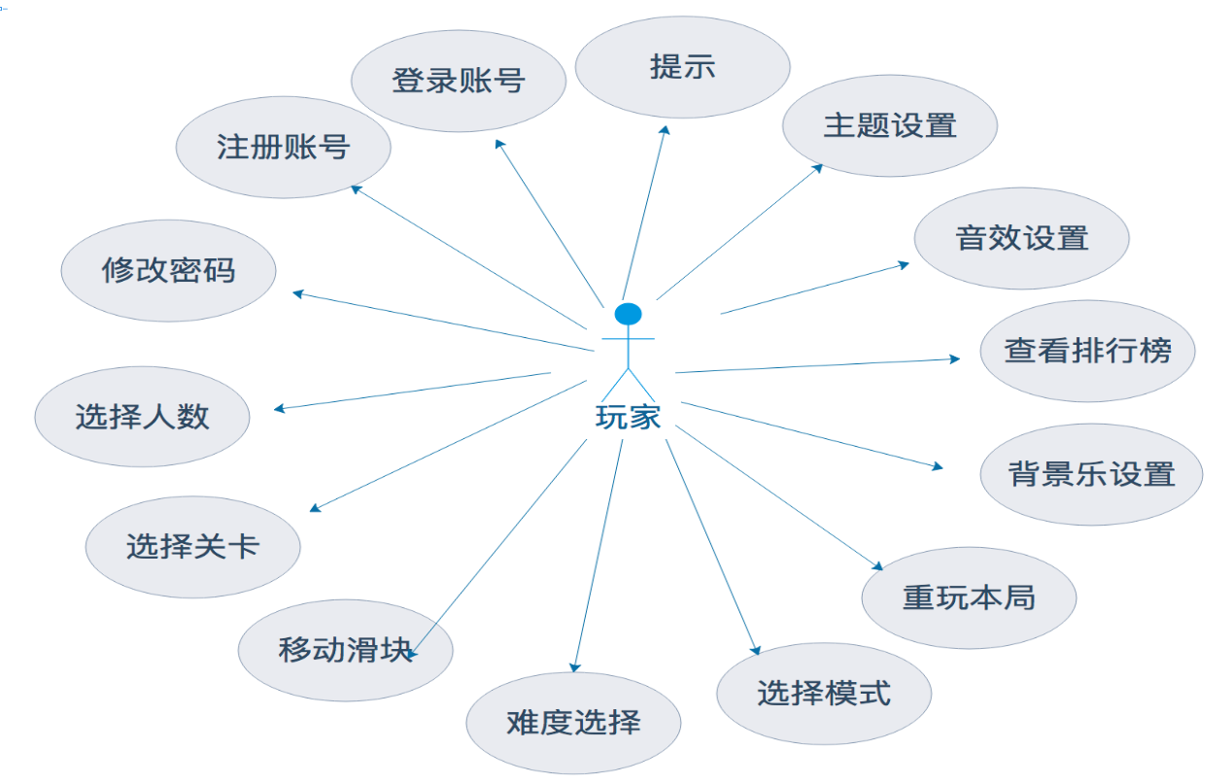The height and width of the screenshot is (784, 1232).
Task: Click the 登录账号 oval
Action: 458,81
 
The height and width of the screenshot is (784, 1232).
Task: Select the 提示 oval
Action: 682,67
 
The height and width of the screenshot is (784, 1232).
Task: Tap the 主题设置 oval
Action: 889,125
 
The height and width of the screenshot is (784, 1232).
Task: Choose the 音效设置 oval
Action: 1021,238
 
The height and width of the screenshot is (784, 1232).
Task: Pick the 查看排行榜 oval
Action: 1086,351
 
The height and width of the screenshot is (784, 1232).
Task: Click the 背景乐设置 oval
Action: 1091,474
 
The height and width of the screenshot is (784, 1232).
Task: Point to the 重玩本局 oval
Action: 968,597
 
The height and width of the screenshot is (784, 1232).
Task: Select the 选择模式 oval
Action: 823,694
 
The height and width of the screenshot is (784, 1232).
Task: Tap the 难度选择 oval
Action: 573,723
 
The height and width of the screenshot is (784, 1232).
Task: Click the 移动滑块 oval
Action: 345,650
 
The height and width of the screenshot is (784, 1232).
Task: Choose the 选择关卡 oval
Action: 192,547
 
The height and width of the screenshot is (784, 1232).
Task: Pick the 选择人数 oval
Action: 142,417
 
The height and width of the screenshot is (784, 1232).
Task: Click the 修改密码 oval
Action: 168,270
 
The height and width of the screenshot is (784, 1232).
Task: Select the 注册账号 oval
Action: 283,148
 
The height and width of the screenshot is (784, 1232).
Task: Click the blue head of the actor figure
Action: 629,314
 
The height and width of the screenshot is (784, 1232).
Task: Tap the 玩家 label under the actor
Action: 628,417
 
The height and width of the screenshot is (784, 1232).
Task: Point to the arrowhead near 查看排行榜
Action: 955,358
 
